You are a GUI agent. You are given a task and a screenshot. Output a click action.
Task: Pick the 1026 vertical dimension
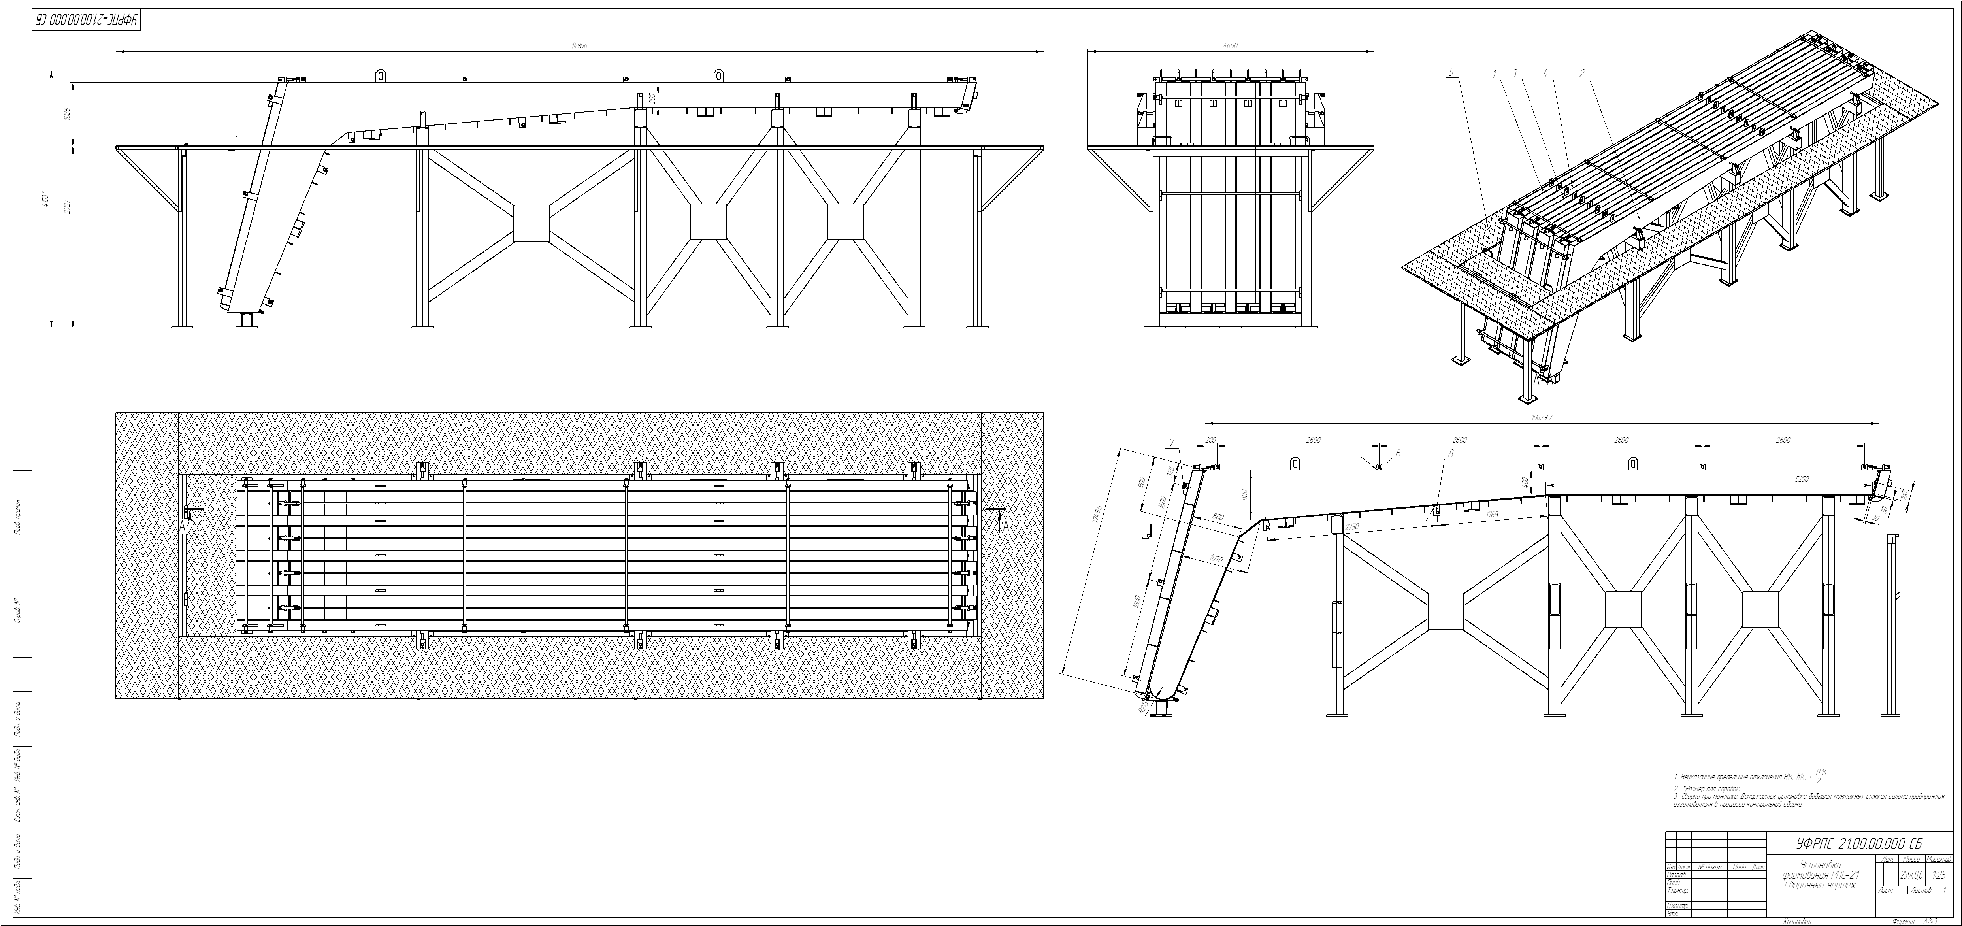click(67, 114)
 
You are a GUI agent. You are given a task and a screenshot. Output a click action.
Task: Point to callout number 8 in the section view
click(1451, 453)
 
